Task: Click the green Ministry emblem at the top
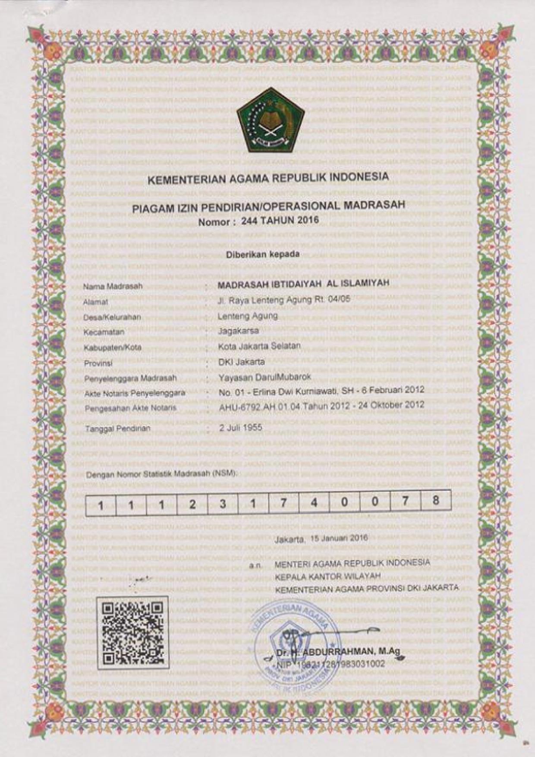pyautogui.click(x=271, y=120)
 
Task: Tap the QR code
pyautogui.click(x=133, y=634)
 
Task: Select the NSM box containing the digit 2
pyautogui.click(x=192, y=504)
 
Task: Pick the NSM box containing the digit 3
pyautogui.click(x=223, y=504)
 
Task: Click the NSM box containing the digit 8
pyautogui.click(x=436, y=501)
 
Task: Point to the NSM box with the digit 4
pyautogui.click(x=314, y=503)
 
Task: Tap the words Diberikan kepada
pyautogui.click(x=263, y=255)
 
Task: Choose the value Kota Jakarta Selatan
pyautogui.click(x=259, y=347)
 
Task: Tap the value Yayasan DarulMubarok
pyautogui.click(x=265, y=378)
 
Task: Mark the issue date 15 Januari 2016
pyautogui.click(x=338, y=538)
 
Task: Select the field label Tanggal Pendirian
pyautogui.click(x=118, y=429)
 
